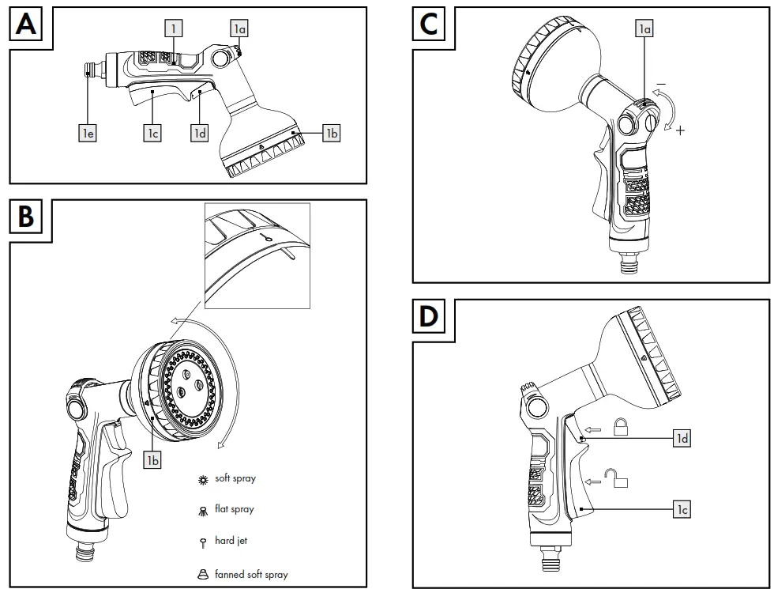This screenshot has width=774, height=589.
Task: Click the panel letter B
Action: coord(26,217)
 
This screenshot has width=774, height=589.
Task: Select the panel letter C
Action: coord(429,25)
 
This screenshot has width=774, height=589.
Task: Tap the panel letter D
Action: coord(429,317)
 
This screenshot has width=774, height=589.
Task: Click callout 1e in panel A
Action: coord(88,134)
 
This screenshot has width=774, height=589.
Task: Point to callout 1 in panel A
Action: coord(174,28)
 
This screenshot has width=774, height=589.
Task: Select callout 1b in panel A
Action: coord(331,134)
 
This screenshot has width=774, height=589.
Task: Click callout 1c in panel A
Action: coord(152,134)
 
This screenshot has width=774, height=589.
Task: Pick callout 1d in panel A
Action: coord(200,134)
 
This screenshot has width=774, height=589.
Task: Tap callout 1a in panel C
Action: coord(645,28)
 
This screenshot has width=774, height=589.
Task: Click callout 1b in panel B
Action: coord(152,459)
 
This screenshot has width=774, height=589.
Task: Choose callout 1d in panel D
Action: coord(682,437)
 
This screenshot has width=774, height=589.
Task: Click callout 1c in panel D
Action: coord(682,510)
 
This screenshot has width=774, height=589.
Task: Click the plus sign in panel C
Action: coord(680,130)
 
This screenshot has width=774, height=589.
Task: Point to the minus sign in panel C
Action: coord(660,84)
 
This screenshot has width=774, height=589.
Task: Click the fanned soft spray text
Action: coord(251,575)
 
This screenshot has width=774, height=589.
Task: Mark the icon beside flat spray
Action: coord(203,511)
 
